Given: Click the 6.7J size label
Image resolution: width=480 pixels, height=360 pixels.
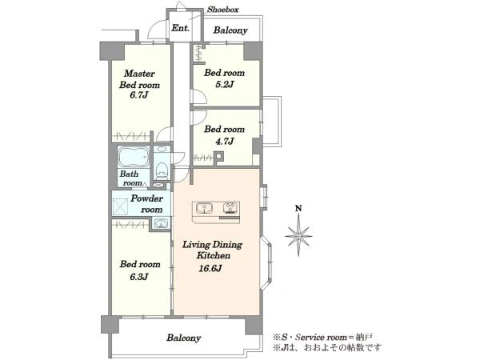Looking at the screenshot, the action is click(138, 95).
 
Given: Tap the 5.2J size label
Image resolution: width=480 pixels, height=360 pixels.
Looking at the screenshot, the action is click(224, 84).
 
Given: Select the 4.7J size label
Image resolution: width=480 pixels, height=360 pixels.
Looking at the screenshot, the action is click(224, 141).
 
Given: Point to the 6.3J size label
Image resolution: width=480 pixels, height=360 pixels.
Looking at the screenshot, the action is click(139, 277).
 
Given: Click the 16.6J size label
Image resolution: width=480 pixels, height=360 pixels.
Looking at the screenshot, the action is click(210, 269).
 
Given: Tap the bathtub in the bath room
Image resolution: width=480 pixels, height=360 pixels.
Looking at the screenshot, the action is click(134, 157).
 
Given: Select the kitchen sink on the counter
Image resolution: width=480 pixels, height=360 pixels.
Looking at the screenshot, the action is click(203, 208).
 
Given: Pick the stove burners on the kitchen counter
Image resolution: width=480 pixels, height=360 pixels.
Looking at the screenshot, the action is click(230, 208).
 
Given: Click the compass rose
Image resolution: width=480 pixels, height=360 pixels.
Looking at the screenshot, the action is click(298, 236).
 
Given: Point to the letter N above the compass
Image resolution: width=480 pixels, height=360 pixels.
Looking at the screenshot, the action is click(298, 209).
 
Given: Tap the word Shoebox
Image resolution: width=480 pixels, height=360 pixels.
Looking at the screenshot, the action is click(223, 10).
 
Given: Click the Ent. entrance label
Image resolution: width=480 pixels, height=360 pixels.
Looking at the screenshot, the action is click(180, 28).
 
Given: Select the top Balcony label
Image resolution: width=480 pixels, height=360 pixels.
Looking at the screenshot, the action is click(230, 30).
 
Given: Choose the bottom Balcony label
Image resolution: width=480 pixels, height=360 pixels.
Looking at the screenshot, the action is click(184, 338).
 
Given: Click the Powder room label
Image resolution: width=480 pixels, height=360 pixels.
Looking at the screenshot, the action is click(147, 204).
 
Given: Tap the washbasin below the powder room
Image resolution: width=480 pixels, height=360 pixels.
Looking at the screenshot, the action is click(161, 223).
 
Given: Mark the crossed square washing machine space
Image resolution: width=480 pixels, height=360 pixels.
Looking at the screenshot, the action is click(120, 206).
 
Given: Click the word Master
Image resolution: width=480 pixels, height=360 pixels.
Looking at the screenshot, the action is click(139, 74).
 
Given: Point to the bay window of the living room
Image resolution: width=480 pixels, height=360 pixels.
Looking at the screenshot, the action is click(266, 262).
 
